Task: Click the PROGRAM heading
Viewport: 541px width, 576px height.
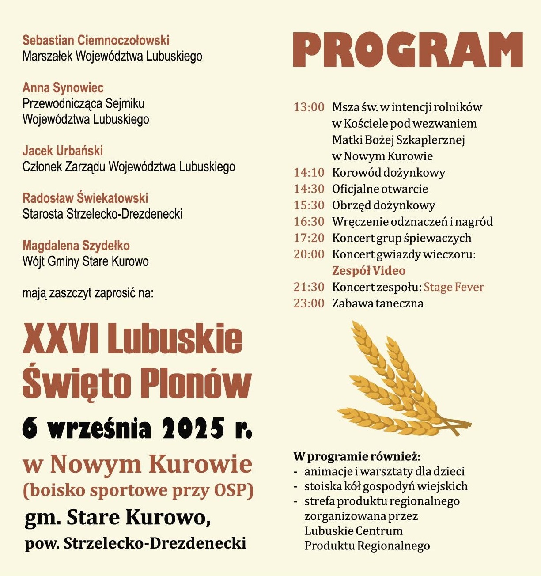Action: pos(408,49)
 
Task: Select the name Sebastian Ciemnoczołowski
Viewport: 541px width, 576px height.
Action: pos(96,40)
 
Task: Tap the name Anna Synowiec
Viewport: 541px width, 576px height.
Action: pos(63,87)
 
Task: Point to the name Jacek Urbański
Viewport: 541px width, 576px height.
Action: pos(62,151)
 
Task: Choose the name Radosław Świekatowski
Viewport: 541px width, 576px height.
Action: pos(85,198)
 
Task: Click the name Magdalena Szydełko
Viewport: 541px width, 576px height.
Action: pos(76,246)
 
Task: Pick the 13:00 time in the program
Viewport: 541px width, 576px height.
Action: pos(309,107)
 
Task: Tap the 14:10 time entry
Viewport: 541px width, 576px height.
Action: pos(309,173)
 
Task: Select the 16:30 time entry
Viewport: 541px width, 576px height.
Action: pos(309,222)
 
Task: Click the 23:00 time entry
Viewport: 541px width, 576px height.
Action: pos(309,303)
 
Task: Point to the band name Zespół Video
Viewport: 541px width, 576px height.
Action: pos(368,271)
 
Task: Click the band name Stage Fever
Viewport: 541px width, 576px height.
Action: pos(454,287)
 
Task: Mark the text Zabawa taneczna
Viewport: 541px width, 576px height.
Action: pos(378,303)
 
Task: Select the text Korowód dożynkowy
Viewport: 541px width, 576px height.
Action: pos(388,173)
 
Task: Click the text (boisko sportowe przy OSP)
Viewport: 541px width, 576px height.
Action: pos(138,490)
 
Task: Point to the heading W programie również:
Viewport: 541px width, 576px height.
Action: pos(357,456)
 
